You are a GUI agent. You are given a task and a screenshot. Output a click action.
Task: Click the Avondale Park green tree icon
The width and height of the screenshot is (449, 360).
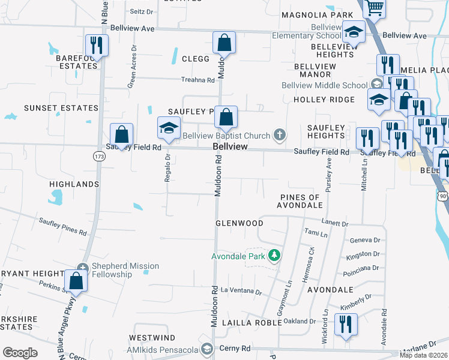274,256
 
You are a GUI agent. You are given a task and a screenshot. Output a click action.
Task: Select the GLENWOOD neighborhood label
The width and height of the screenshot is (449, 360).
240,223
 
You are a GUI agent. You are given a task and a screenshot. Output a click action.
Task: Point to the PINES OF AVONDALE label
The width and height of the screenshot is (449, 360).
300,202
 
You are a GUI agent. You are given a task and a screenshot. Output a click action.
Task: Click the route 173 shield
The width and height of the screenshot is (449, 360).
98,156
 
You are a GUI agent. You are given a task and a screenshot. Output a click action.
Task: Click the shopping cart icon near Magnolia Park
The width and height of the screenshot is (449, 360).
375,8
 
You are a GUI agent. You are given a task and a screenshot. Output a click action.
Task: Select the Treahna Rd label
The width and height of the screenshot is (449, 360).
198,80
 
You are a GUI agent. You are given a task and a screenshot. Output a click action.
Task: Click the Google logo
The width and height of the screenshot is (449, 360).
20,353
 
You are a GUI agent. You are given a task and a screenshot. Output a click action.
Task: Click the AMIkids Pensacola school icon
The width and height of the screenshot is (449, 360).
207,349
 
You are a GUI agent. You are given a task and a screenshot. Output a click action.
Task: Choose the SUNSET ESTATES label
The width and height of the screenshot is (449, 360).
61,108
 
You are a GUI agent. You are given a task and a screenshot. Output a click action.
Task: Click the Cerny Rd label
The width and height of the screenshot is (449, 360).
238,349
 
